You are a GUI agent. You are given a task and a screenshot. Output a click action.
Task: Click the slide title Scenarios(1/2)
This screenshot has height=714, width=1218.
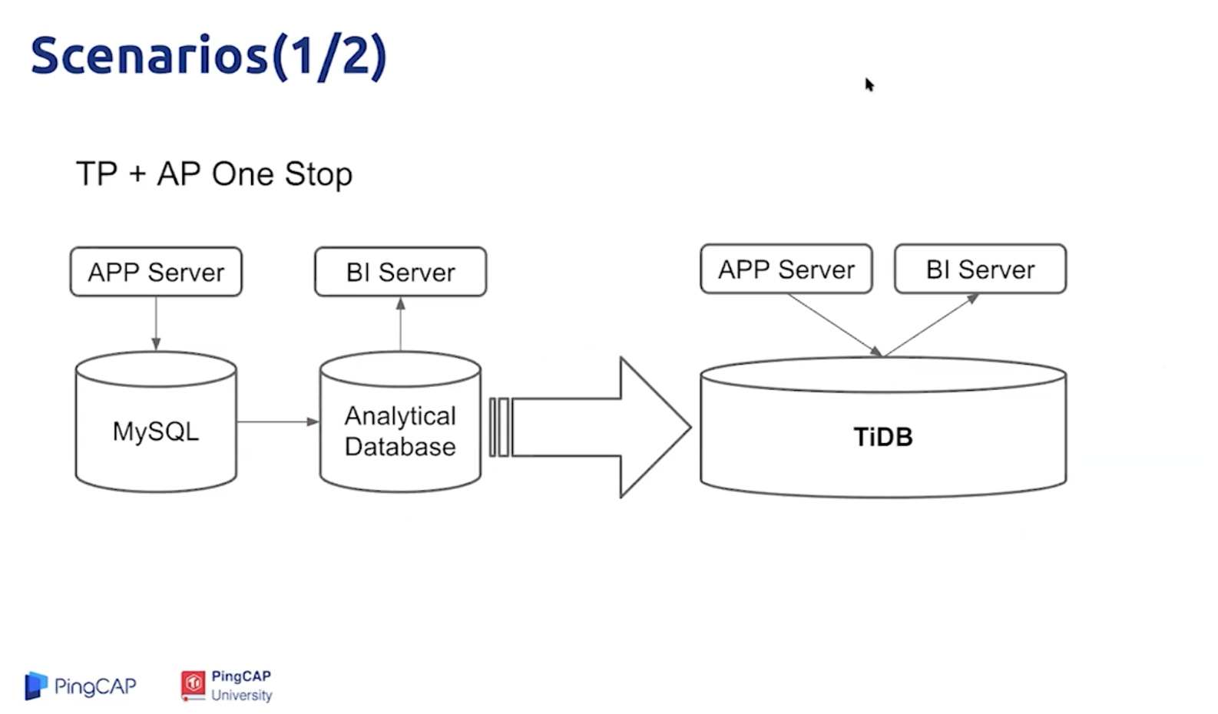209,57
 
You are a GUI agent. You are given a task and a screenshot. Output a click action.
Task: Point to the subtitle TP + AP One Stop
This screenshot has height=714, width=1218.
214,174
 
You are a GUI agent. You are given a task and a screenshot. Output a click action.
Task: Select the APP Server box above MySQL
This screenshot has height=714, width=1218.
156,272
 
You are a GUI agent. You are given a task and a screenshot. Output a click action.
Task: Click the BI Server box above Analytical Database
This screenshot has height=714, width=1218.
401,272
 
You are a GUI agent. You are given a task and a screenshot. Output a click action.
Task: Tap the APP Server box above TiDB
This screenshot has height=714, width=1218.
786,269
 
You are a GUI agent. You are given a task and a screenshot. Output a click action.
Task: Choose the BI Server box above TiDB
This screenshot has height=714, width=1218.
981,269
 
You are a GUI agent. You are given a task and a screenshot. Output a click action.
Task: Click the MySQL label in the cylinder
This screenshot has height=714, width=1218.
156,431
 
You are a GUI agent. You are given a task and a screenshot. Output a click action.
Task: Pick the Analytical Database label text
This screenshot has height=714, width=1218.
400,431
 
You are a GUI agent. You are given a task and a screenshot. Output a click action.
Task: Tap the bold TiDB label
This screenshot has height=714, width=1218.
883,437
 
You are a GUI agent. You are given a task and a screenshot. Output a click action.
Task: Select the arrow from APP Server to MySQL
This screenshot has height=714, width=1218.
156,323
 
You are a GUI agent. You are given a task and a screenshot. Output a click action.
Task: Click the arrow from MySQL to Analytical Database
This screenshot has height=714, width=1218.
278,421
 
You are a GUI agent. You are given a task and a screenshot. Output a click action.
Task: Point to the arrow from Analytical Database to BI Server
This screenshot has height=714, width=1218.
401,324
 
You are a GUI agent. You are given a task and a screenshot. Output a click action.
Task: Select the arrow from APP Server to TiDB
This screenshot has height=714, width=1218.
835,326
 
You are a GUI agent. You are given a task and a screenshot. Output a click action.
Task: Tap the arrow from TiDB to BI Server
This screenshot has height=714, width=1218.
932,326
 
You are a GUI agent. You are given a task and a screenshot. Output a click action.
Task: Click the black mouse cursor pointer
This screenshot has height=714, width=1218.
869,84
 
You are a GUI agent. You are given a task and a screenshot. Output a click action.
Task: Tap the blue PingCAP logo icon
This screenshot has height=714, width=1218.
36,686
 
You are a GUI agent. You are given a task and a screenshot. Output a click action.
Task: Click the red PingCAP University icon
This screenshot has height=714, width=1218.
193,686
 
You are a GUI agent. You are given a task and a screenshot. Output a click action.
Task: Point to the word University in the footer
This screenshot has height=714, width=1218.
241,695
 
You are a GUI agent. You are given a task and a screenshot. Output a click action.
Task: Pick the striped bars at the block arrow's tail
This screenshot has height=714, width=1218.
500,428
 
